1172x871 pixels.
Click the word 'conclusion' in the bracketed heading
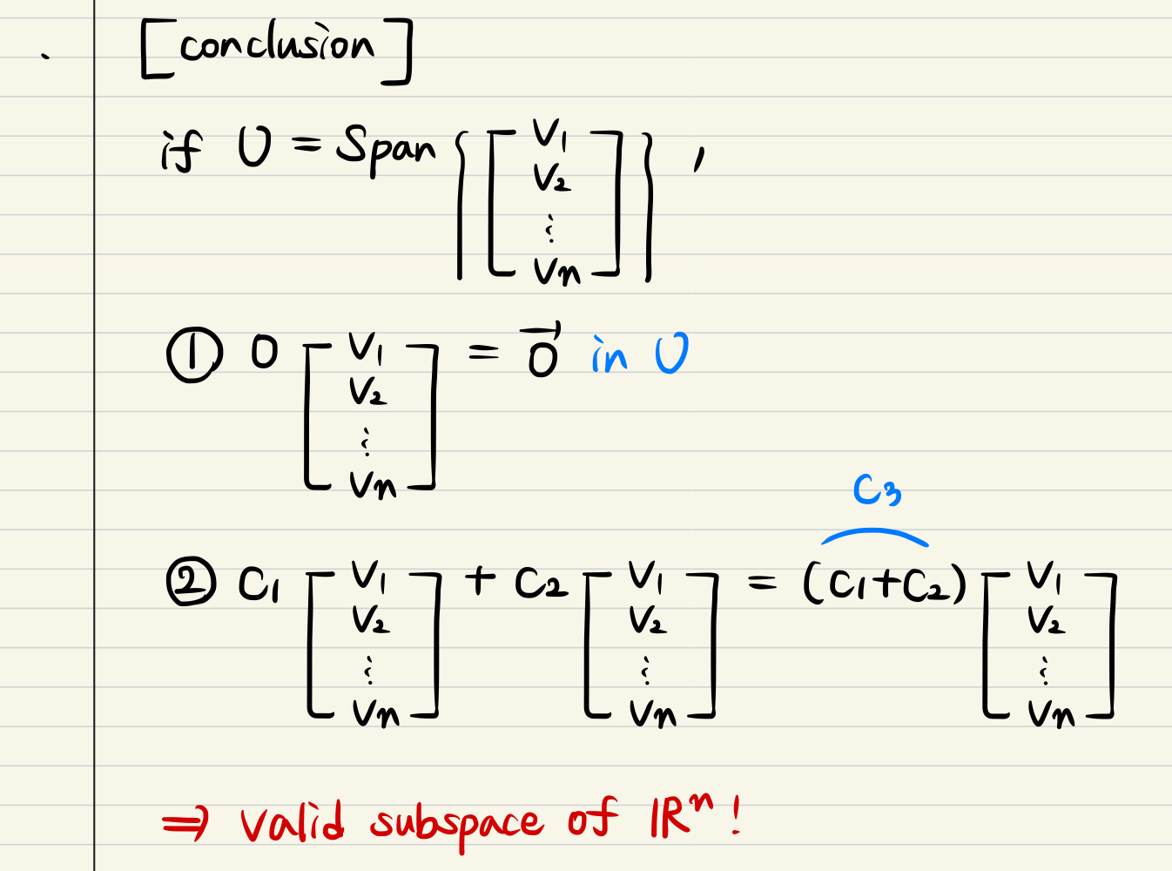click(x=277, y=45)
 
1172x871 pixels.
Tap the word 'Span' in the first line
click(x=385, y=148)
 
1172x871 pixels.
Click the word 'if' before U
click(x=181, y=152)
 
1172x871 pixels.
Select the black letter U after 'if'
click(x=254, y=145)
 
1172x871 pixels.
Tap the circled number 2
click(x=191, y=583)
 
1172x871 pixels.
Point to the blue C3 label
click(x=876, y=490)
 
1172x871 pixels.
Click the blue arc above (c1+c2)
click(x=874, y=535)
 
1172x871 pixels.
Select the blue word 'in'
click(x=610, y=354)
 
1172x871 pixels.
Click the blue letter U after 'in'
click(x=671, y=354)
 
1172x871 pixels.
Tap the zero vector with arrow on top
click(x=542, y=351)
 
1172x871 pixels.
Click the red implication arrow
click(x=185, y=822)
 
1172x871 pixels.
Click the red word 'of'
click(x=592, y=819)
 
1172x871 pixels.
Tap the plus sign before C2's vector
click(x=480, y=579)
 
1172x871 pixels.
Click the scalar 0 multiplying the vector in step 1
click(x=264, y=352)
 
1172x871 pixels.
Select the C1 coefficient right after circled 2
click(x=259, y=584)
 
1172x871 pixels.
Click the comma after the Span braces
click(x=698, y=159)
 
